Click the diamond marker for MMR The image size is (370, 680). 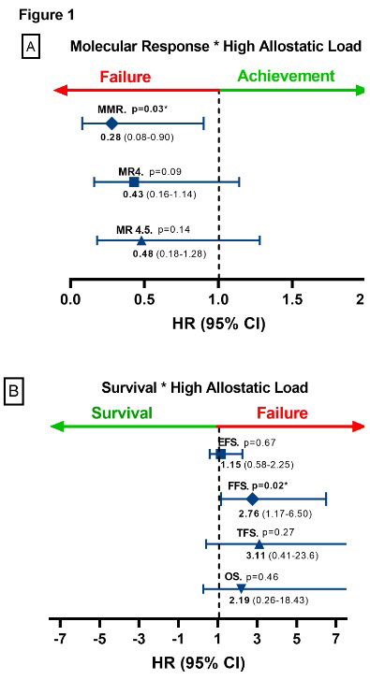[x=112, y=123]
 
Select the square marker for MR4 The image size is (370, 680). [x=134, y=181]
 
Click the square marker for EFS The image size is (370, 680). [x=221, y=455]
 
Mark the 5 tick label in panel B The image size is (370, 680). [x=297, y=639]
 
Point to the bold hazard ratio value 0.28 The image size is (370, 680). [x=111, y=138]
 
